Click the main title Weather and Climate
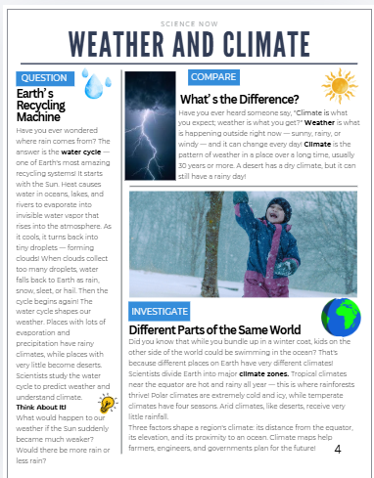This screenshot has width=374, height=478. pyautogui.click(x=187, y=44)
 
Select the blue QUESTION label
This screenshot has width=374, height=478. pyautogui.click(x=44, y=78)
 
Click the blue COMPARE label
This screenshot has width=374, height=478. pyautogui.click(x=213, y=77)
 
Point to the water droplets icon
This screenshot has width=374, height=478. pyautogui.click(x=95, y=86)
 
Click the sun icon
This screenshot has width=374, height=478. pyautogui.click(x=342, y=86)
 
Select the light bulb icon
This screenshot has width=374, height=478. pyautogui.click(x=107, y=405)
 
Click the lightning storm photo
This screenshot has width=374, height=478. pyautogui.click(x=150, y=124)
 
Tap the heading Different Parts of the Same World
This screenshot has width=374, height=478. pyautogui.click(x=214, y=330)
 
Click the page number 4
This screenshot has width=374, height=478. pyautogui.click(x=338, y=450)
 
